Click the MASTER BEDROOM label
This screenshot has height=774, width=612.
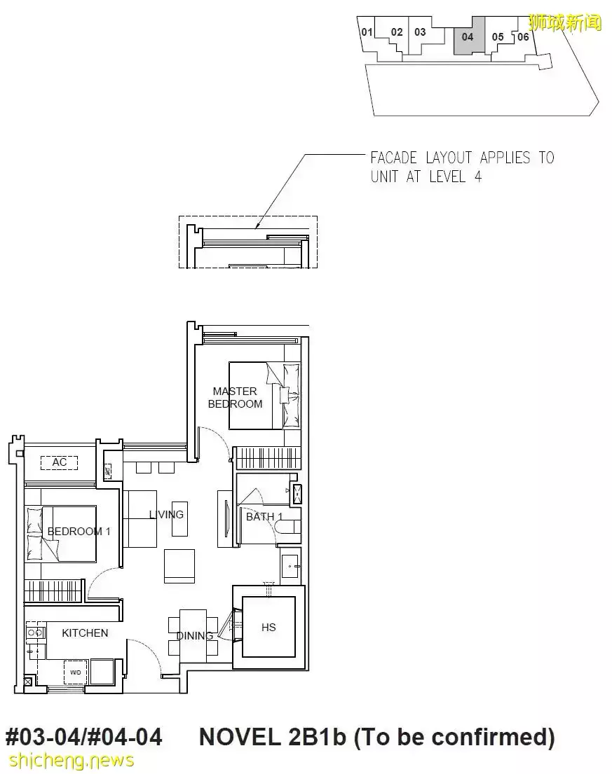235,397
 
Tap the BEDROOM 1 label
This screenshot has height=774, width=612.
79,532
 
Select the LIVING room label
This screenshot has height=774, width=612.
166,514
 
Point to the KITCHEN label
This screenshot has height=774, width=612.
85,633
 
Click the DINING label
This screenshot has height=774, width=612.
195,636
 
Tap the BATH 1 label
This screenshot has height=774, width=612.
264,517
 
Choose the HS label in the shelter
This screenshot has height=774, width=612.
268,628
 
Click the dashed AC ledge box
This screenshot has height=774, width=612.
60,462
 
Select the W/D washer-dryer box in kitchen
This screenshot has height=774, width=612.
75,672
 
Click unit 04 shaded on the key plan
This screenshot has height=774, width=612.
468,36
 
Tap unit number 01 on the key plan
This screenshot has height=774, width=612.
367,32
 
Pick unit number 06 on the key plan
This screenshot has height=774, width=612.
523,36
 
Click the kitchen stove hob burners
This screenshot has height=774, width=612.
35,633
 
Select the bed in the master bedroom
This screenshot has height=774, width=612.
264,396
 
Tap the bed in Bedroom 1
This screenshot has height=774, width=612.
61,534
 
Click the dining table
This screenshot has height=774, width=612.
193,636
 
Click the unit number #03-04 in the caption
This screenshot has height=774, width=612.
42,737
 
